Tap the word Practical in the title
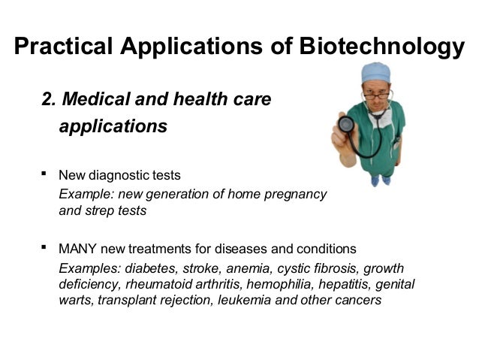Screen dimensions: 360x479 [x=63, y=47]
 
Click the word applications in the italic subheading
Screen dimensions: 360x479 [x=113, y=126]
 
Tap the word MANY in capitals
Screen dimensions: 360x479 [x=78, y=249]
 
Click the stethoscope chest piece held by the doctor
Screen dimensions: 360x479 [x=346, y=124]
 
